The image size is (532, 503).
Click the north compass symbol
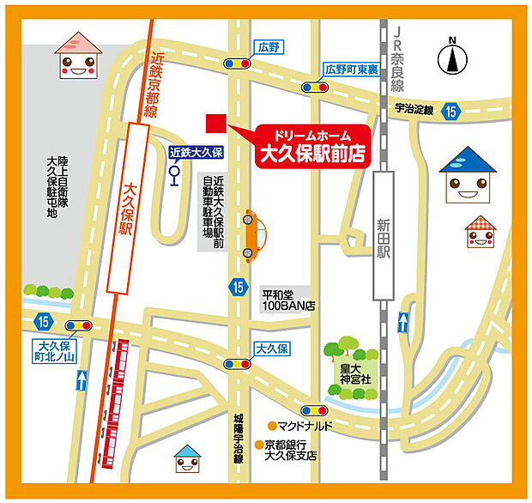(452, 58)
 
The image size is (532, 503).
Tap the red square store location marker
(215, 124)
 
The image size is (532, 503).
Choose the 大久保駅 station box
(126, 211)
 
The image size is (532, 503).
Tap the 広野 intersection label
(269, 48)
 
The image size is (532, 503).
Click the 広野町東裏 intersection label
(352, 69)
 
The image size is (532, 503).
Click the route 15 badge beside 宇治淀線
(451, 110)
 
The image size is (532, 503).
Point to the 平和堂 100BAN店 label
(289, 300)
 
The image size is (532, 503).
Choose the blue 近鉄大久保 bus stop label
(196, 152)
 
